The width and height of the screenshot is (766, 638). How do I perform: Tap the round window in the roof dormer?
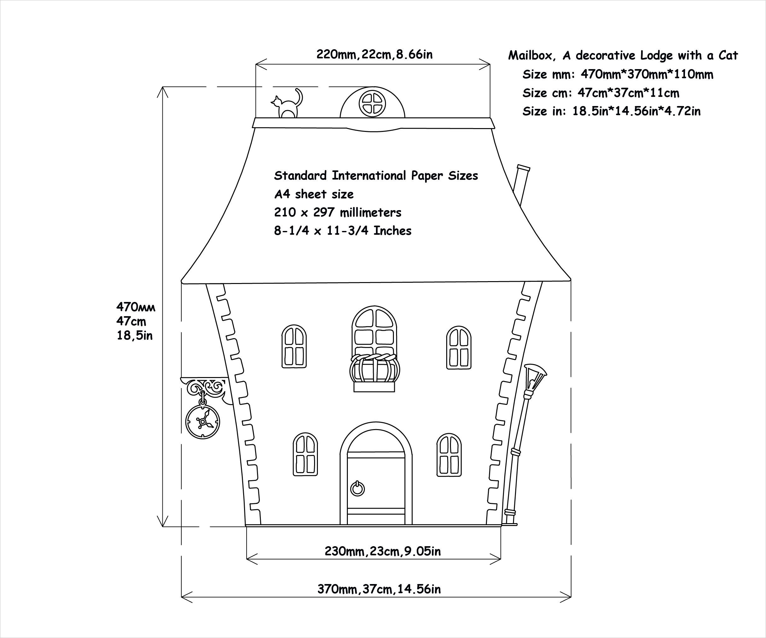point(372,104)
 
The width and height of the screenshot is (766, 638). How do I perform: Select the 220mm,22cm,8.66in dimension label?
point(374,54)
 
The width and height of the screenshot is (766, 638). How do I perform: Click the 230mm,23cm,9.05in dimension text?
point(383,551)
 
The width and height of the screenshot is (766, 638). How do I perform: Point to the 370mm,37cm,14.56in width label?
point(379,589)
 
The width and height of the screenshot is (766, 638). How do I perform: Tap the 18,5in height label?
point(135,335)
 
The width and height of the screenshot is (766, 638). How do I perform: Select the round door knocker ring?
point(358,489)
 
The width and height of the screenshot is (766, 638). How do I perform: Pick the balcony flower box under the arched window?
point(375,372)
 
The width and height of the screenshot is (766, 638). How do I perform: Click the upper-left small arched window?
point(294,346)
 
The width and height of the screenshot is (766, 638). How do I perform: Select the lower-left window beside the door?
point(305,455)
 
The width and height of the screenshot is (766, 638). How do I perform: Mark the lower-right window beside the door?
point(449,455)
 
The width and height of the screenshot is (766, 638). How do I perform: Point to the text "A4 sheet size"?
point(314,194)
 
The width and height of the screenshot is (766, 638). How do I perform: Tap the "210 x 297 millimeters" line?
point(338,212)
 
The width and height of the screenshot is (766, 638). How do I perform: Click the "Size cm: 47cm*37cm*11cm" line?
point(601,93)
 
